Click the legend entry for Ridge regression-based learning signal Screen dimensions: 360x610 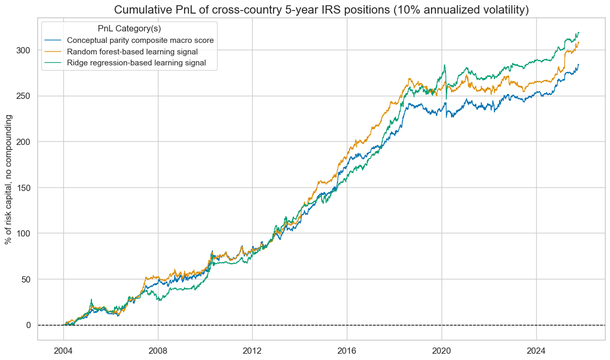click(x=137, y=63)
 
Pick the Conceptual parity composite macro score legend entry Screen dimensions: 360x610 click(x=140, y=41)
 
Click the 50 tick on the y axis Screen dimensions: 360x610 click(x=27, y=279)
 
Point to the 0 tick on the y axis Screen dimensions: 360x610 click(x=29, y=325)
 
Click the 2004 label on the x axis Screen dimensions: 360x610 click(x=63, y=349)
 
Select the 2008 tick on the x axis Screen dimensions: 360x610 click(x=158, y=349)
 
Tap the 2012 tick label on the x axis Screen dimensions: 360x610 click(x=252, y=349)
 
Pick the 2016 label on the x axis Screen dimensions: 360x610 click(x=347, y=349)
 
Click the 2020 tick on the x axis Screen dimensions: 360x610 click(x=442, y=349)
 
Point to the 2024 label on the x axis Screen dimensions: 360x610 click(x=536, y=349)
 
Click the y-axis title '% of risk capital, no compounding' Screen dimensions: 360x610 click(x=9, y=178)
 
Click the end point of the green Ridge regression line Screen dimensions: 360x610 click(x=579, y=32)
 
